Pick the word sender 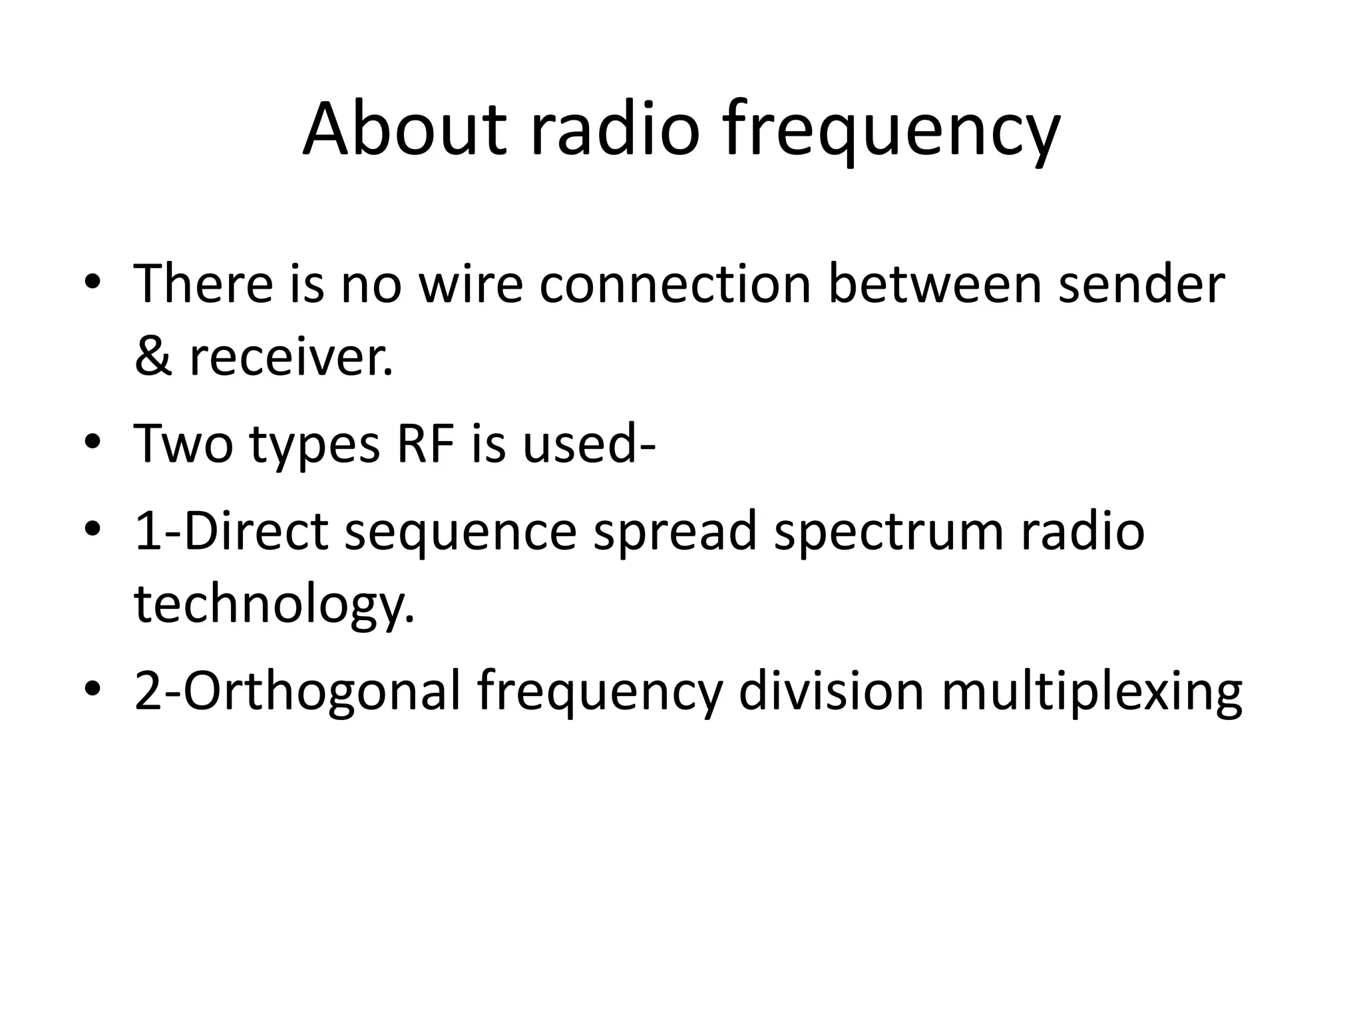pos(1141,284)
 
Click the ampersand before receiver pos(153,357)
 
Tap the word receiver pos(291,357)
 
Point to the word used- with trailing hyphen pos(589,444)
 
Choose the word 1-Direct pos(231,531)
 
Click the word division pos(831,691)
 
